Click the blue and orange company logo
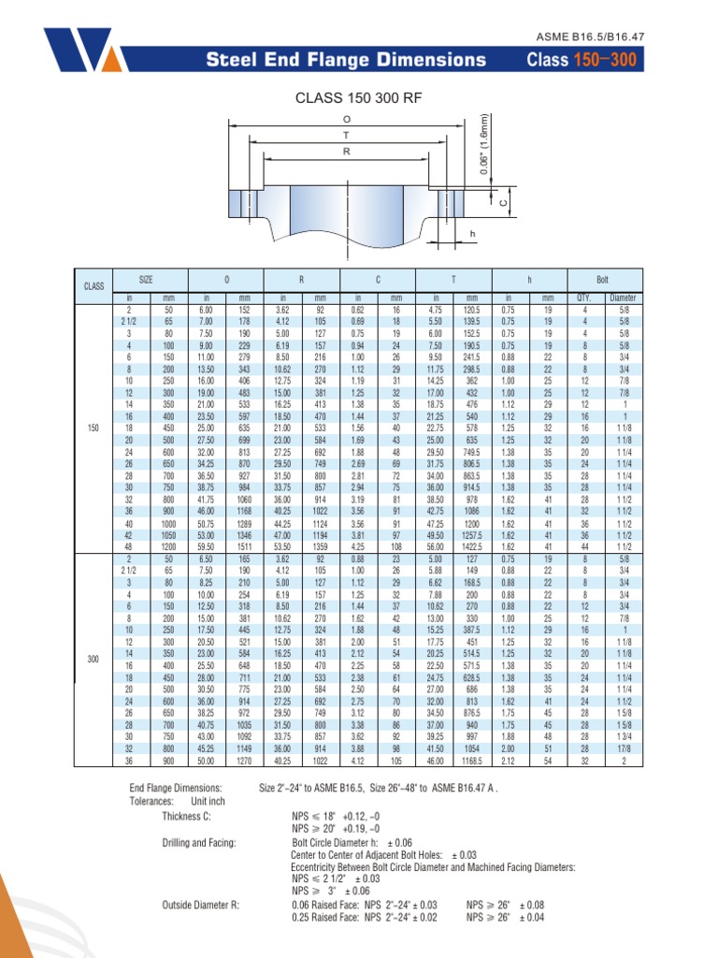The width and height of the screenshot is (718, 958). (x=84, y=50)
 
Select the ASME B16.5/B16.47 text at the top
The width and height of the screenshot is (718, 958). (x=590, y=36)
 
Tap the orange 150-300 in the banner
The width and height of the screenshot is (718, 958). (x=605, y=59)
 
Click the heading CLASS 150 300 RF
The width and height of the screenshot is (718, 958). (x=358, y=97)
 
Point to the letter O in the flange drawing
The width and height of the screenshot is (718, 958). (x=347, y=119)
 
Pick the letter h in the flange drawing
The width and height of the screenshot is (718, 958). (x=472, y=233)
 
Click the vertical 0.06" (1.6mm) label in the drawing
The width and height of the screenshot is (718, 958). (x=484, y=143)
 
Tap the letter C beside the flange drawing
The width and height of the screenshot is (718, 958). (x=504, y=203)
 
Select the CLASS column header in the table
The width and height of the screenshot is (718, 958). (x=93, y=286)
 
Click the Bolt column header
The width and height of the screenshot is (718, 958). (x=603, y=280)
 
